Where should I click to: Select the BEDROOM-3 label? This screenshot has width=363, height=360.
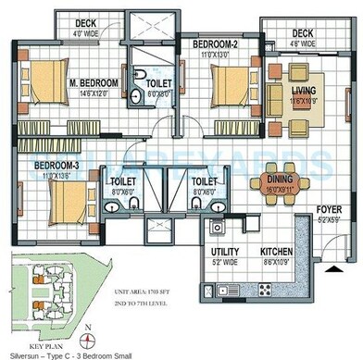(58, 167)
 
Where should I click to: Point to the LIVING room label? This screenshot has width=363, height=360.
(302, 90)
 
